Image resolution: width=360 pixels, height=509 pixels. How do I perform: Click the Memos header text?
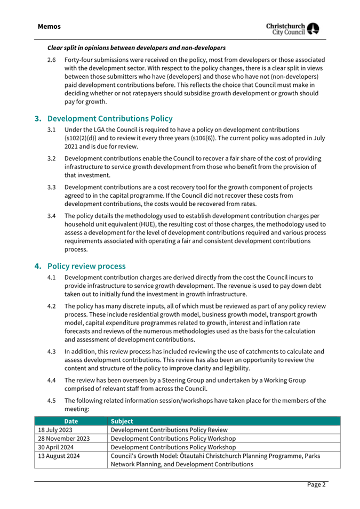(49, 26)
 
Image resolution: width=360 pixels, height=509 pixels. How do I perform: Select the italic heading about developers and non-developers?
(137, 49)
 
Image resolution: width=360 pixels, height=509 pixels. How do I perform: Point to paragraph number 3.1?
(52, 130)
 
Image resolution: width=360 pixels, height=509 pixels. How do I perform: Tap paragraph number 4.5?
(52, 401)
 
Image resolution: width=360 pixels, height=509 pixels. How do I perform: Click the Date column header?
(71, 421)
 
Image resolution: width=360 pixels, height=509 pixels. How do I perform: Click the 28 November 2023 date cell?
(63, 439)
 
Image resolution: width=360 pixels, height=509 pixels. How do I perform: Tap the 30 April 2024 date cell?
(56, 448)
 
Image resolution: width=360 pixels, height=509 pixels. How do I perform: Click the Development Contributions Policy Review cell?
(169, 430)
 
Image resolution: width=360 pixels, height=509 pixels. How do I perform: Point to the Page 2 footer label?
(316, 484)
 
